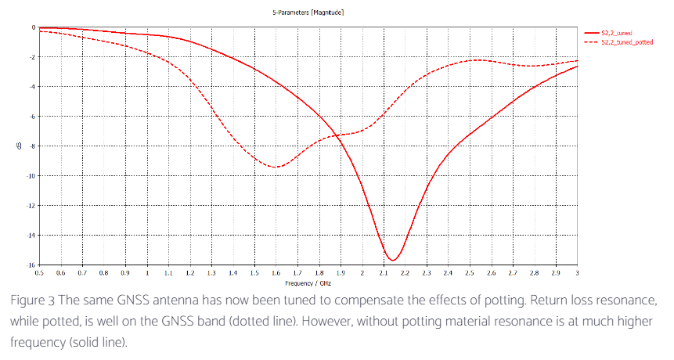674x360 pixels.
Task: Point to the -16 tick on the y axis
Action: pyautogui.click(x=32, y=265)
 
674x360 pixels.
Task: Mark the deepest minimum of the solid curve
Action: pyautogui.click(x=392, y=260)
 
